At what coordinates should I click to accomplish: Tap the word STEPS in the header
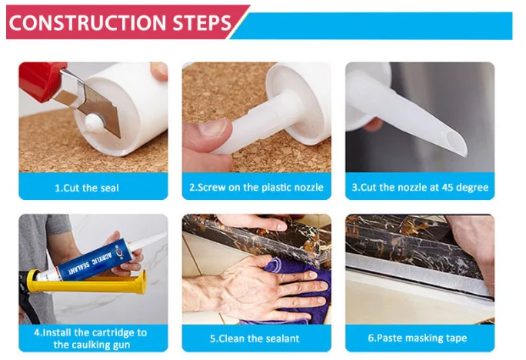[202, 22]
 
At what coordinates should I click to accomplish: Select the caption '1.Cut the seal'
[87, 188]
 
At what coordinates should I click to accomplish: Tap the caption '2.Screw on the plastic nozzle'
[256, 187]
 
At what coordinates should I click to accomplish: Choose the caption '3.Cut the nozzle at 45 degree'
[420, 187]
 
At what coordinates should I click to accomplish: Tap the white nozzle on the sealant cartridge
[147, 242]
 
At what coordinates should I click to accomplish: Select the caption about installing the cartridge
[91, 338]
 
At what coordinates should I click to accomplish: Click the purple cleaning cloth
[298, 288]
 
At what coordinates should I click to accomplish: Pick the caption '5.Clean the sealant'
[255, 338]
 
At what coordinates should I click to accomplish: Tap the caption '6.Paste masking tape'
[418, 338]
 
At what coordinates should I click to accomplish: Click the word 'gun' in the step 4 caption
[121, 345]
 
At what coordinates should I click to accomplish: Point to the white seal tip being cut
[92, 122]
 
